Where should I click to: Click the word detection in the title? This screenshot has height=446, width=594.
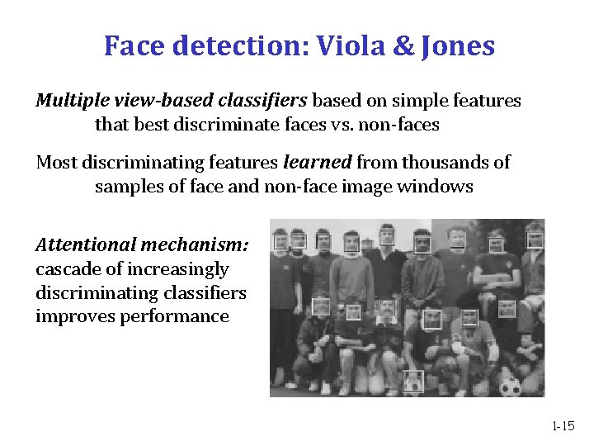coord(235,45)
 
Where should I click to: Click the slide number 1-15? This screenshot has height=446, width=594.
coord(563,426)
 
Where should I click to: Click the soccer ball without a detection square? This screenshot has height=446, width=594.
coord(511,386)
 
